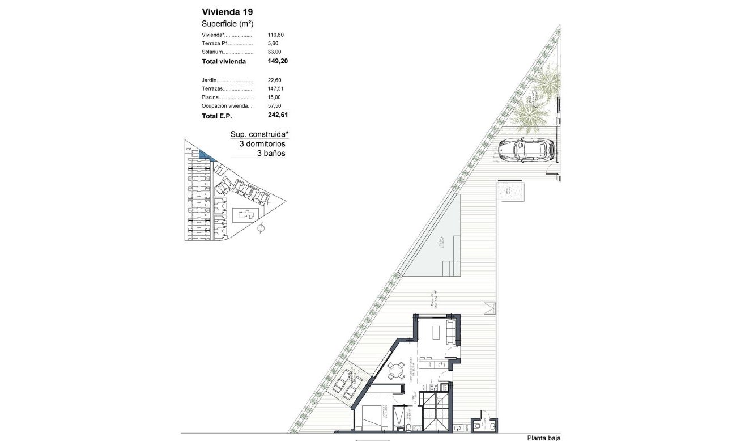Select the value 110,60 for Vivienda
click(275, 35)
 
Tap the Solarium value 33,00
click(274, 52)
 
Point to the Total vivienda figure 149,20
click(278, 61)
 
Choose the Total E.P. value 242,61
click(278, 115)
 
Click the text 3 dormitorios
click(262, 144)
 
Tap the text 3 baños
click(271, 153)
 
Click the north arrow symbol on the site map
click(261, 228)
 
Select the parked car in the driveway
click(525, 150)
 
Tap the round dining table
click(395, 371)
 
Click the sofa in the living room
click(452, 332)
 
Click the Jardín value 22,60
click(275, 80)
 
